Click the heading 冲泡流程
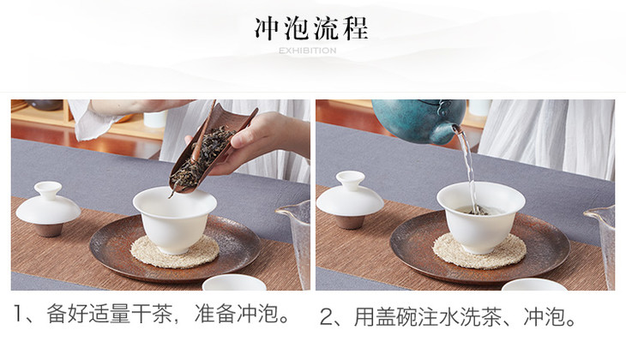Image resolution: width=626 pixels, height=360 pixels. coord(311,28)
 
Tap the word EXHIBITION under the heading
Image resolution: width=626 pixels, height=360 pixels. coord(307,51)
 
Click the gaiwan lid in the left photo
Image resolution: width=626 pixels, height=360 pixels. coord(48,203)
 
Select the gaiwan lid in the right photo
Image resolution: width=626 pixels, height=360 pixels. coord(350,195)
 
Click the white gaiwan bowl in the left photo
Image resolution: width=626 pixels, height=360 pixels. coord(174,220)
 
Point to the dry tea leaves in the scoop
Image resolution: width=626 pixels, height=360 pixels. coord(203,156)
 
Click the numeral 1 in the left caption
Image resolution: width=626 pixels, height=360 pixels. coord(17,314)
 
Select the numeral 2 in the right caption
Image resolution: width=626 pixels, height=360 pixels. coord(326,317)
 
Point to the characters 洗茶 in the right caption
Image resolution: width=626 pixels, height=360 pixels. coord(481,317)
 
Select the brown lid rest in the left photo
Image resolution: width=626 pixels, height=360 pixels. coord(49,229)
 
